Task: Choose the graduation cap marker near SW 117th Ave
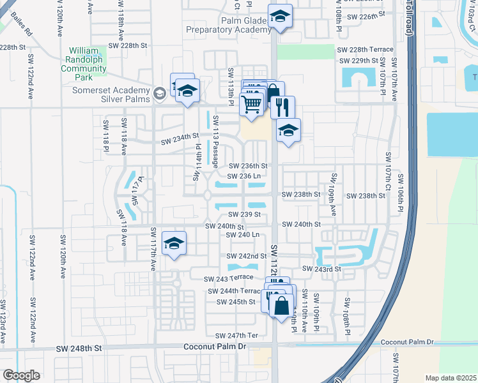coord(173,244)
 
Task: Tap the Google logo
coord(21,375)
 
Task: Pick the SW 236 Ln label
coord(243,176)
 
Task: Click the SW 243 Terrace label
coord(229,278)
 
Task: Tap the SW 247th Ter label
coord(236,335)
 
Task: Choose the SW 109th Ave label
coord(333,190)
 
